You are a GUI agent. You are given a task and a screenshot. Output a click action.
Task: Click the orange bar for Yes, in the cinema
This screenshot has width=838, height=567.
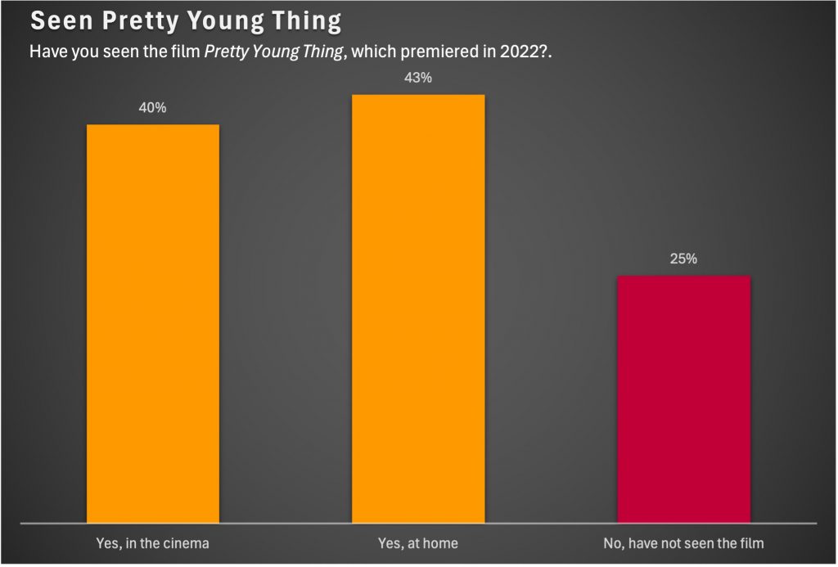click(x=152, y=322)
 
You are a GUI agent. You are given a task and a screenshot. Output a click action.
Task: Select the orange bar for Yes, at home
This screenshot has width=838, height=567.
click(x=418, y=308)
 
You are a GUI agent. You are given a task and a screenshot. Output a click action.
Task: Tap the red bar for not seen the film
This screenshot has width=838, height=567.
click(x=683, y=398)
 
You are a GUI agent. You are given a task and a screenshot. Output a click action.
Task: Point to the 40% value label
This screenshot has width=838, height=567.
click(x=153, y=108)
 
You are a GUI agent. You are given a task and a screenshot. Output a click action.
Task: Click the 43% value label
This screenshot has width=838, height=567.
click(x=418, y=79)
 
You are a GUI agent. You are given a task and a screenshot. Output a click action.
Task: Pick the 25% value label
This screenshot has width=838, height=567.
click(x=683, y=259)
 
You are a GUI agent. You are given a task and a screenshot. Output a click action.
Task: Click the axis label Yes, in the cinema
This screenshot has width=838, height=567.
click(x=152, y=542)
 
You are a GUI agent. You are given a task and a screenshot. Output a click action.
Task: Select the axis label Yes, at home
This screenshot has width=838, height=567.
click(x=418, y=542)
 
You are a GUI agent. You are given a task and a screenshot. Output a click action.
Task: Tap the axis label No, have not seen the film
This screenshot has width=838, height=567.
click(x=683, y=542)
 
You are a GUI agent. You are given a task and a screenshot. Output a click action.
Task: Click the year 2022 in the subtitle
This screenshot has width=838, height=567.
click(x=517, y=52)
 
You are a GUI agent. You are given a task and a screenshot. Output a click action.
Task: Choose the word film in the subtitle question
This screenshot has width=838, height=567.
click(x=183, y=52)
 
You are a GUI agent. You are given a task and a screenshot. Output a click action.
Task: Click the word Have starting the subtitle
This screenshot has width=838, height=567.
click(x=47, y=52)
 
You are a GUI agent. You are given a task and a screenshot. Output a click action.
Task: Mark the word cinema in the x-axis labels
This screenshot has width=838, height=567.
click(x=187, y=542)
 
